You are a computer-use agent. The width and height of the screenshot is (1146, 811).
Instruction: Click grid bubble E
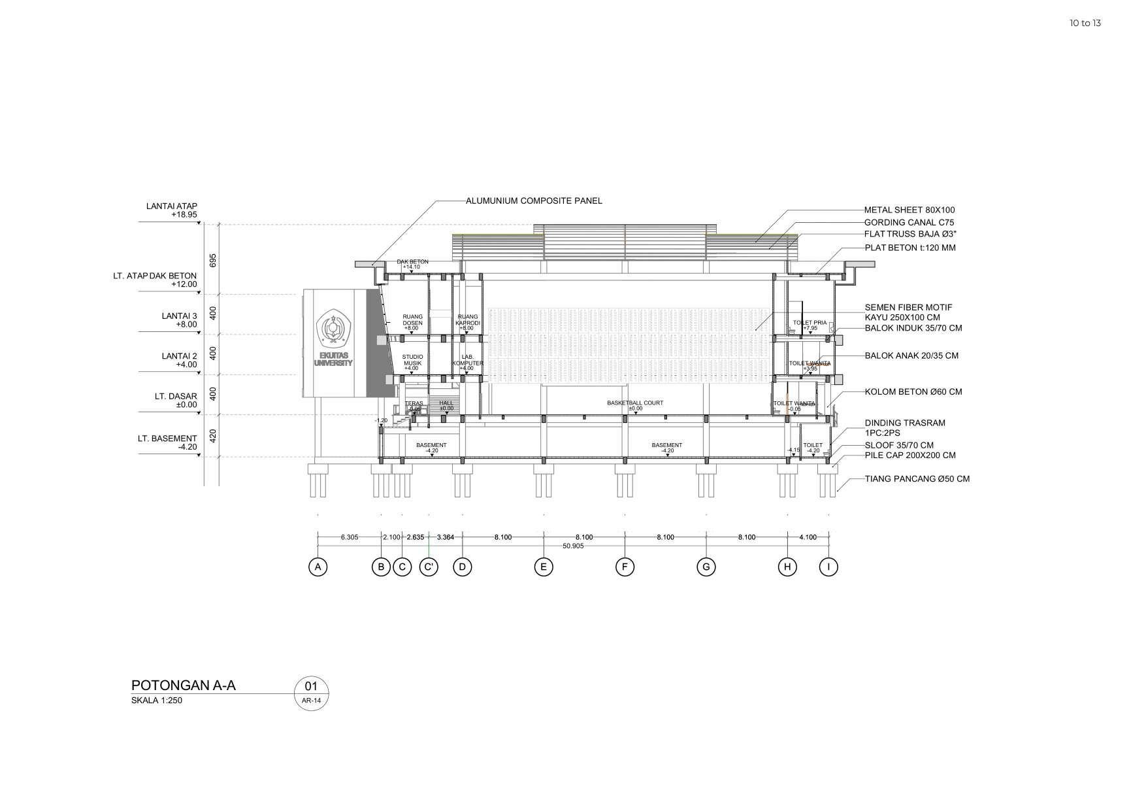tap(544, 567)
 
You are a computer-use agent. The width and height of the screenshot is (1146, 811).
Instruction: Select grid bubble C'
tap(429, 567)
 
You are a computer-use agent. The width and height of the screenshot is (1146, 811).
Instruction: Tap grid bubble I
tap(828, 567)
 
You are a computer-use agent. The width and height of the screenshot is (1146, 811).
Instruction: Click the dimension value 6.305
tap(350, 537)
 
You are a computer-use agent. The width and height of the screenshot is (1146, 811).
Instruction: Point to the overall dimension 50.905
tap(573, 546)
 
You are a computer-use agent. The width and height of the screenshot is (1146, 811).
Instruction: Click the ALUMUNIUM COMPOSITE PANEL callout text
tap(534, 201)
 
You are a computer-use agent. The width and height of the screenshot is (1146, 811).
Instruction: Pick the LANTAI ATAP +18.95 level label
tap(172, 210)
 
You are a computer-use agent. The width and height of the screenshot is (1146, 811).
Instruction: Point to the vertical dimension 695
tap(212, 259)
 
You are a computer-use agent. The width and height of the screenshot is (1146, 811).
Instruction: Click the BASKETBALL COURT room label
tap(634, 403)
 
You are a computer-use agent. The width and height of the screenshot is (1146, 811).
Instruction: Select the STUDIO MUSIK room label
tap(412, 359)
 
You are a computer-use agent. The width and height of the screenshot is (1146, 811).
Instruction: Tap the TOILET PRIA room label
tap(810, 323)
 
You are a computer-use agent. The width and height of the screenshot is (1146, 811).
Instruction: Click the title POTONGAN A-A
tap(183, 685)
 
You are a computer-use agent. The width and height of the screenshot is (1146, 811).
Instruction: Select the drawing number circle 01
tap(311, 686)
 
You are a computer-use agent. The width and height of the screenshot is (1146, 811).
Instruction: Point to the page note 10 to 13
tap(1085, 23)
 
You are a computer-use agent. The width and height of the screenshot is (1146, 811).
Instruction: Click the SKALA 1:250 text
tap(157, 701)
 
